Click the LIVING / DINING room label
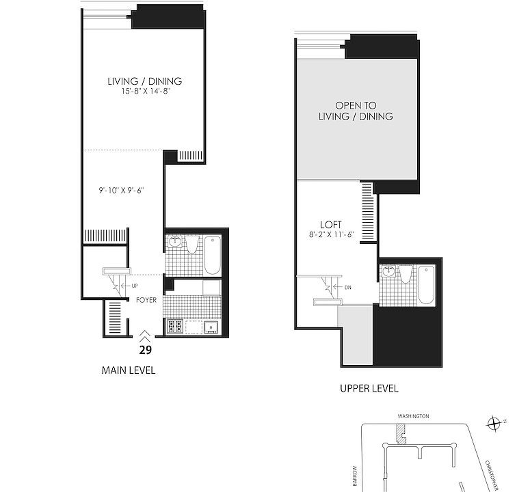coord(144,81)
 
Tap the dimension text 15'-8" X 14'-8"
coord(144,92)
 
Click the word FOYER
coord(146,299)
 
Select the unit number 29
coord(145,349)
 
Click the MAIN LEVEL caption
coord(128,370)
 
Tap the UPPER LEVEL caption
coord(369,389)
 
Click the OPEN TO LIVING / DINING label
coord(356,111)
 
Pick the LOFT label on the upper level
coord(331,225)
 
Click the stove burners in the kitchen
coord(174,327)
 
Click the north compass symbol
coord(494,424)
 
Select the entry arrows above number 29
coord(145,336)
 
